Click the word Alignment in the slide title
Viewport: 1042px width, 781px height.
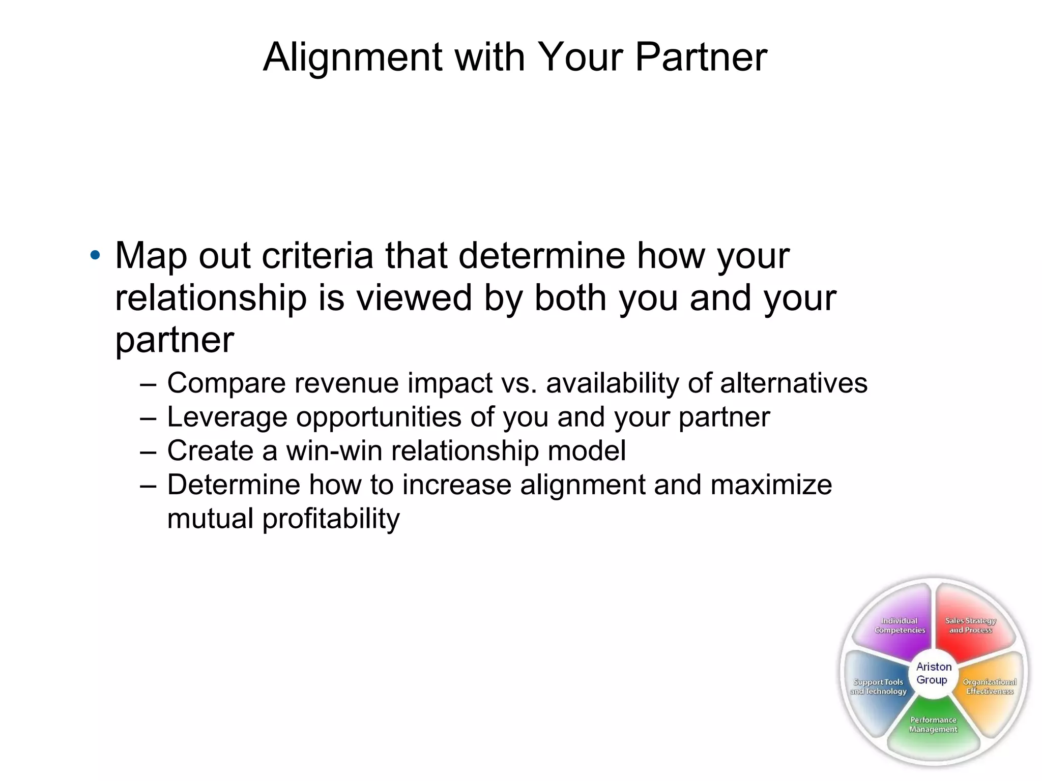pos(353,57)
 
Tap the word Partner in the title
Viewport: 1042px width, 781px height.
pos(701,57)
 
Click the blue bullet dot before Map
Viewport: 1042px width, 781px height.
pos(95,255)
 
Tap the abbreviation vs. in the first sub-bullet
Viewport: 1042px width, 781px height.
pos(519,383)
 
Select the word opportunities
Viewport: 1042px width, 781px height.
pos(378,417)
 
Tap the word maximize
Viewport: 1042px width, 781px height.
pos(771,485)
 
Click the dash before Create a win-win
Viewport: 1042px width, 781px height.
pos(148,450)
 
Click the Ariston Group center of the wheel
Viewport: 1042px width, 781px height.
pos(933,673)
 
